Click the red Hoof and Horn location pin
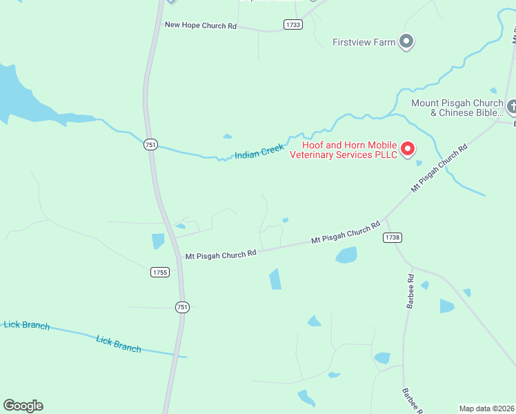point(407,148)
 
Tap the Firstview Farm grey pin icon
point(406,42)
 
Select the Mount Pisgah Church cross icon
point(511,107)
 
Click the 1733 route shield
point(292,25)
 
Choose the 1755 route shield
point(159,273)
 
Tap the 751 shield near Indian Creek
point(150,144)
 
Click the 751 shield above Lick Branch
point(181,307)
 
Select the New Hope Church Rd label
point(201,26)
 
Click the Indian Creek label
point(259,151)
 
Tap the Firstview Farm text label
point(364,42)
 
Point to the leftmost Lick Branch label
point(26,324)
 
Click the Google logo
point(23,406)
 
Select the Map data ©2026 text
point(487,408)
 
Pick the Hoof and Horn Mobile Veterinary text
point(350,150)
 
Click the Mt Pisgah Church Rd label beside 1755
point(221,254)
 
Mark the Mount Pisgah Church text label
point(457,108)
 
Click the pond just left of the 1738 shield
point(346,255)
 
